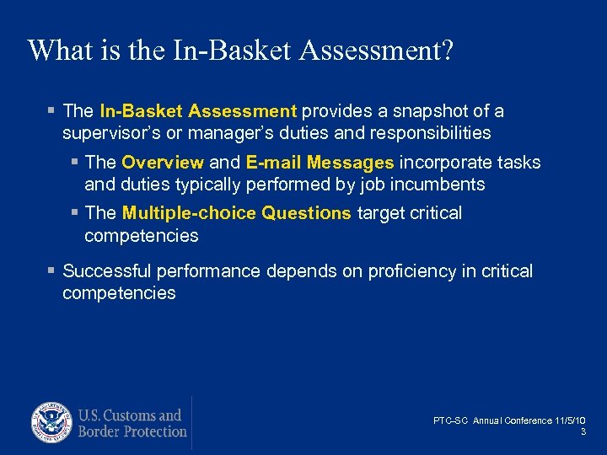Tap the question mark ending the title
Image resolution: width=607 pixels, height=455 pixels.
point(445,51)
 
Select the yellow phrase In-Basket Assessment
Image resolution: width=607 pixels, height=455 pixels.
point(198,111)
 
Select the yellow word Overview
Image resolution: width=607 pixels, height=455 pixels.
point(163,163)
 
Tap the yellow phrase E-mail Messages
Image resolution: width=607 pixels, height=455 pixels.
point(320,163)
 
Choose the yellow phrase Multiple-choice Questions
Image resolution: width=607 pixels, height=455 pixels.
point(236,213)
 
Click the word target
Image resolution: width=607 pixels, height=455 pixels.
point(381,213)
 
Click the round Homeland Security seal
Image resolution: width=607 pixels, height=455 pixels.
point(52,423)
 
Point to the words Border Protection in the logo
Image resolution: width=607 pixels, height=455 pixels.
point(132,431)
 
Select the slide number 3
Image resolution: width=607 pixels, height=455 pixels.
point(583,431)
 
